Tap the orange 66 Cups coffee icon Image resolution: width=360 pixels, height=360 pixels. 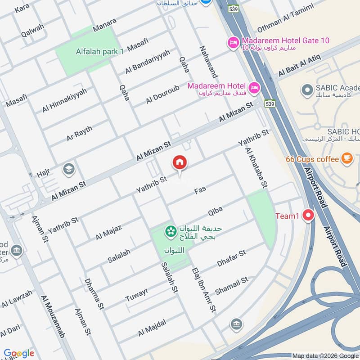pos(346,158)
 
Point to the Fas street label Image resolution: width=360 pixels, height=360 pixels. pos(200,191)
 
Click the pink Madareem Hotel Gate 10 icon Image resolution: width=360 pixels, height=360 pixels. pos(234,42)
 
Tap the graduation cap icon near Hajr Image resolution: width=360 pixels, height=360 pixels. pos(69,169)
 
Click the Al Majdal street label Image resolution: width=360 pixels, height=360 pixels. pos(152,327)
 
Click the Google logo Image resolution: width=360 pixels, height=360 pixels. pos(19,353)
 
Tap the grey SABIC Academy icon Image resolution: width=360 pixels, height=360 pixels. pos(307,90)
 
